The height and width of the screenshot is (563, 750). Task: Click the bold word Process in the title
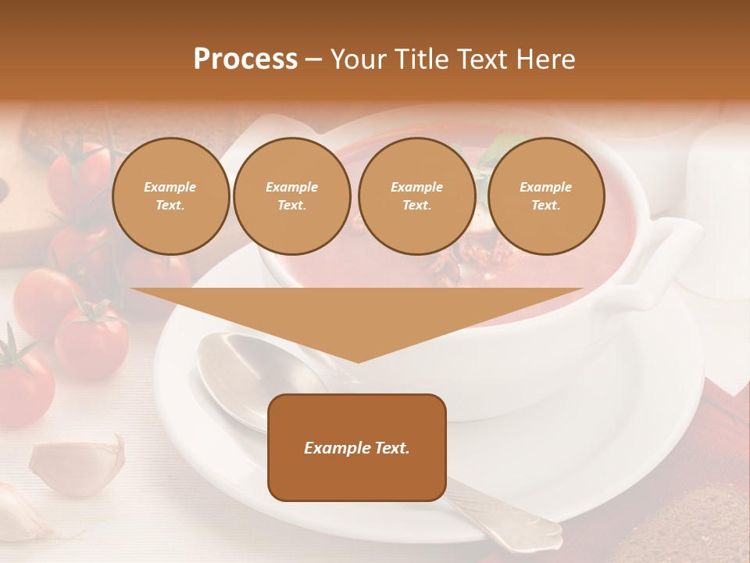245,59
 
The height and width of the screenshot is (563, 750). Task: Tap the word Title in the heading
419,59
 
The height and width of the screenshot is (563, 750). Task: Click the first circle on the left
170,195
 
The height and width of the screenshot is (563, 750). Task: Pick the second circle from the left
291,195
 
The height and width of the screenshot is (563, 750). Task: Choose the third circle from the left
416,195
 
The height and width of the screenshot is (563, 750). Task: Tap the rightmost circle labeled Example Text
545,195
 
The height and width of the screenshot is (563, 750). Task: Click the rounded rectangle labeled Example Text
357,447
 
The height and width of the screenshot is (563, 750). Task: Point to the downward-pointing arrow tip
357,358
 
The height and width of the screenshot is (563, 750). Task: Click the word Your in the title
355,59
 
